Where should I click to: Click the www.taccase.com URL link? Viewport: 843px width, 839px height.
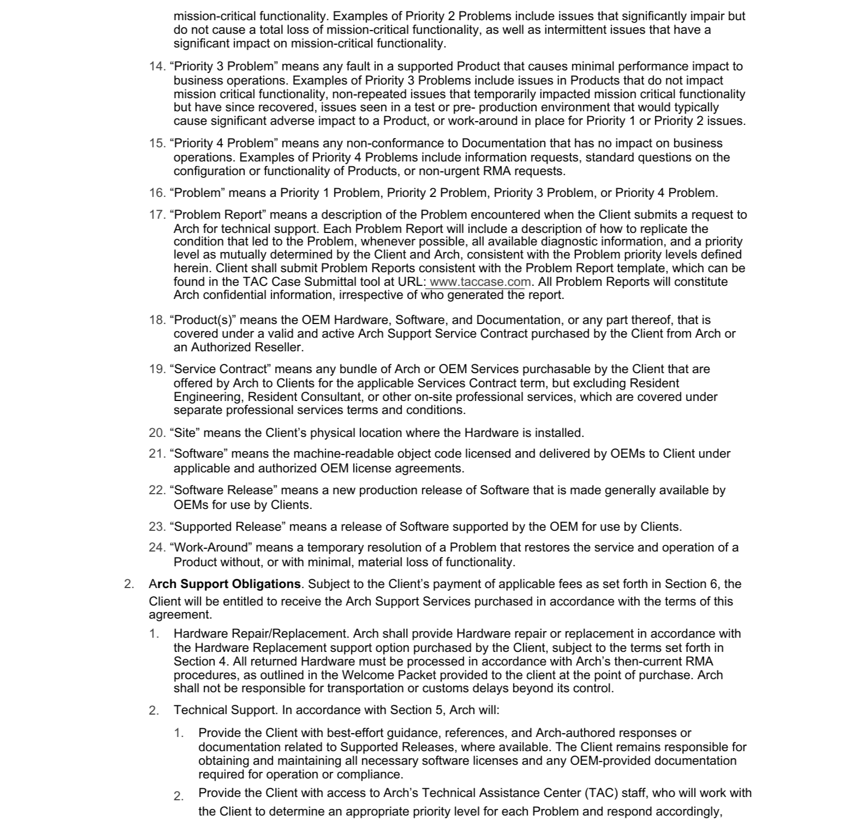tap(480, 282)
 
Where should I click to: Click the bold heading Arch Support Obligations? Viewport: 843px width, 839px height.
tap(224, 584)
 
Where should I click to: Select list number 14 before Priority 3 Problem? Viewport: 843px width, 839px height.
tap(157, 67)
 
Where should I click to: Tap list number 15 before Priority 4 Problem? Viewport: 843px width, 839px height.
tap(157, 143)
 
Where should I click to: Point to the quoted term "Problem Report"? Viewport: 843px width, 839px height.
tap(218, 214)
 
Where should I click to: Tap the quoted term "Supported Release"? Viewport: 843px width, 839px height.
tap(228, 526)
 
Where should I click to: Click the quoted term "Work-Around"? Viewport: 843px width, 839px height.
tap(211, 547)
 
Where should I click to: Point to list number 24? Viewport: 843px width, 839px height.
tap(157, 547)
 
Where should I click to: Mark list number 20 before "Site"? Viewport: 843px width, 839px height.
tap(157, 433)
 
